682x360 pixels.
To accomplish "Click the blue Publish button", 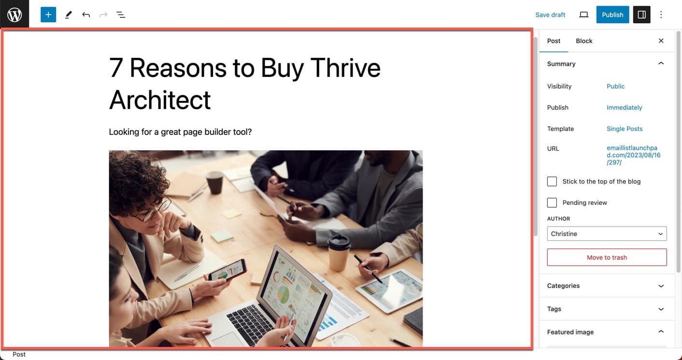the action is [x=612, y=14].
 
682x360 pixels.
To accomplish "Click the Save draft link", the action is [x=550, y=14].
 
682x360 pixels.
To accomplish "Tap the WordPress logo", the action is [x=14, y=14].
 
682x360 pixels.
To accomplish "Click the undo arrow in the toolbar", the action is [x=86, y=14].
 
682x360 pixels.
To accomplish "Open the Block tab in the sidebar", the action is [x=584, y=41].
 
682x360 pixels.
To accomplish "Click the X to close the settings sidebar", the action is [x=661, y=41].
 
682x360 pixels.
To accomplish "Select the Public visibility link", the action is [x=615, y=86].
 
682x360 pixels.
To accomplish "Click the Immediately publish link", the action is [x=624, y=107].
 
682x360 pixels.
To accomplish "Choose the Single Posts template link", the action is [x=625, y=129].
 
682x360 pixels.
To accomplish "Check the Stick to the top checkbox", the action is [x=552, y=182].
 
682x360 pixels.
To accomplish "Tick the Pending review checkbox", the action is [x=552, y=202].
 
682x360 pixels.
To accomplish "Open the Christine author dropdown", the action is [x=607, y=233].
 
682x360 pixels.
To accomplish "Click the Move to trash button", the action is [x=607, y=258].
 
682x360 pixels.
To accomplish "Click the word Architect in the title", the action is [x=160, y=100].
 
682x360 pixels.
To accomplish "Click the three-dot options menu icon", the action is [x=661, y=14].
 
